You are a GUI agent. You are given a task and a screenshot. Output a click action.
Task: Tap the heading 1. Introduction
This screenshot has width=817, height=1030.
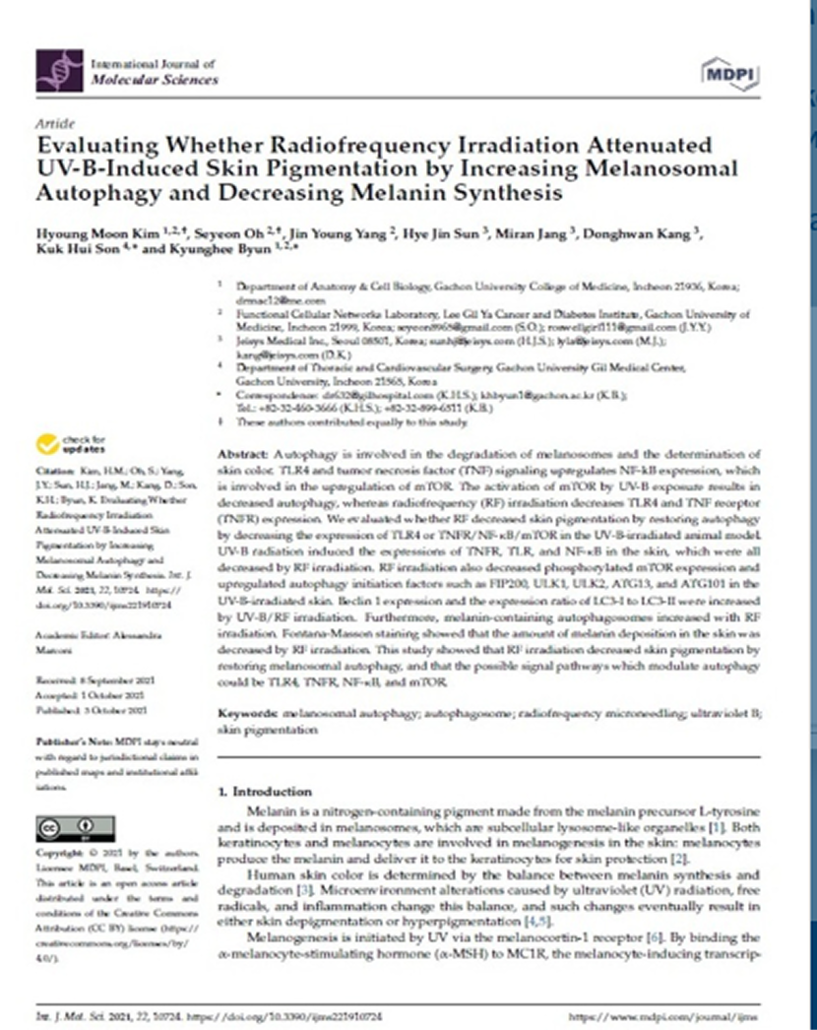265,791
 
